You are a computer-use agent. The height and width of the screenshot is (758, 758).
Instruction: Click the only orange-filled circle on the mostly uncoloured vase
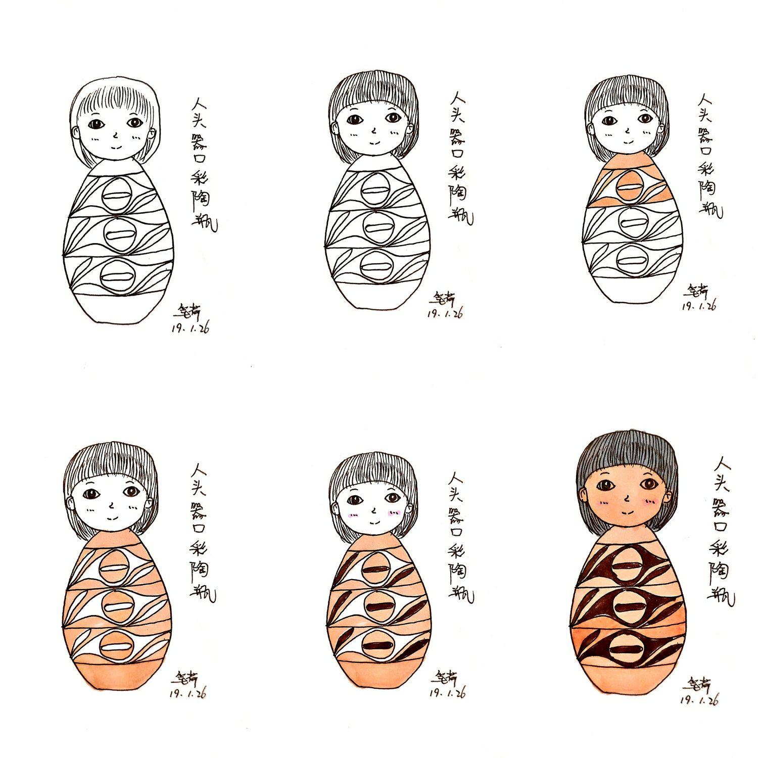click(630, 186)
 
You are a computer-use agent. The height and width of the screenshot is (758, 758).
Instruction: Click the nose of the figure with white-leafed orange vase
click(111, 503)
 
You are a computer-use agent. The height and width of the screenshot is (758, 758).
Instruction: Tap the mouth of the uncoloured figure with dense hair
click(374, 142)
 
